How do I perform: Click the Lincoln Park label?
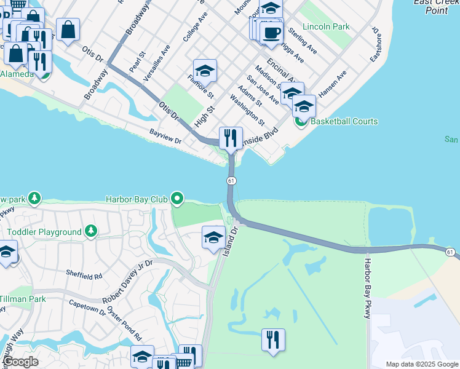tap(327, 27)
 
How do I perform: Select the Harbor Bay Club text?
tap(137, 199)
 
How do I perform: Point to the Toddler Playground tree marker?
tap(91, 231)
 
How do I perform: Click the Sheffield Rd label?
tap(83, 273)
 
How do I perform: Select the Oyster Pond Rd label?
tap(125, 323)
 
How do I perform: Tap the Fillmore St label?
tap(200, 86)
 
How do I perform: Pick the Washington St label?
tap(247, 109)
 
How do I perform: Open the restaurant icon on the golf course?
tap(273, 339)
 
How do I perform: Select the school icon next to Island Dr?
tap(213, 237)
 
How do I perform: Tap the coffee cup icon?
tap(271, 33)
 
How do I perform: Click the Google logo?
tap(21, 362)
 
